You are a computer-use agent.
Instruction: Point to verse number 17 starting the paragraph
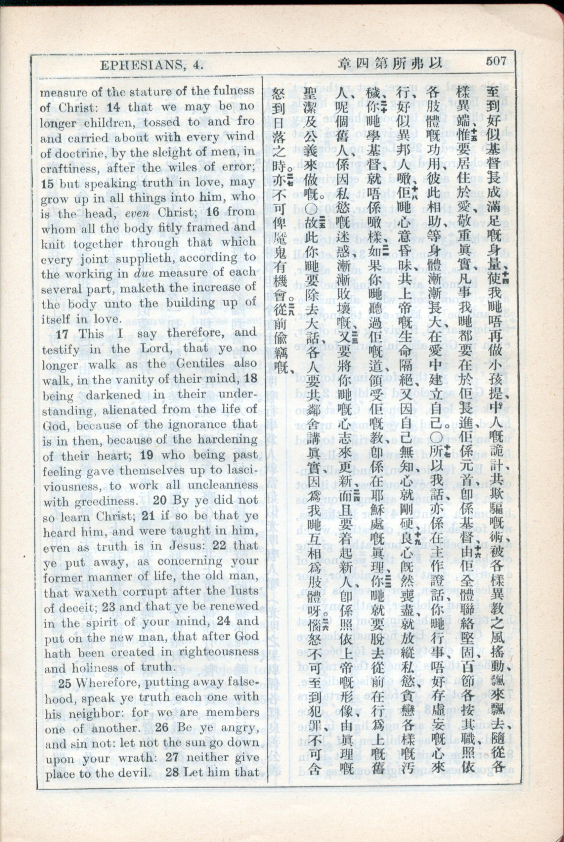[62, 334]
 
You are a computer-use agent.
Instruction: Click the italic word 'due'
[144, 273]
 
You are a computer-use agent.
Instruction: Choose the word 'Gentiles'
[198, 364]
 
